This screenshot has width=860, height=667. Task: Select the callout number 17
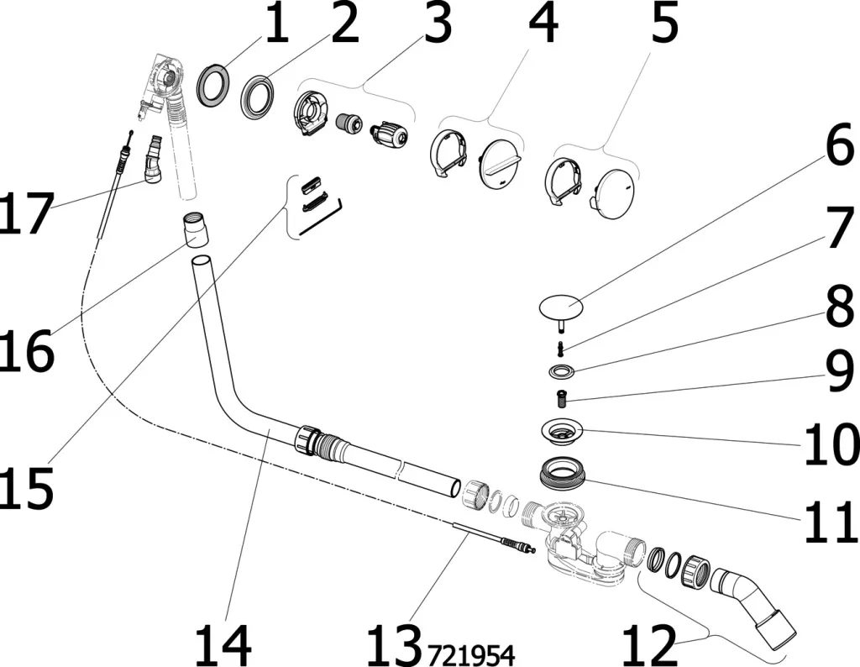[26, 213]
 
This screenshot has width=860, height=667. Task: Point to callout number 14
[223, 645]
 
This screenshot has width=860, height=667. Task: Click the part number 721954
[472, 654]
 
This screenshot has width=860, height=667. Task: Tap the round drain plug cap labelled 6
[561, 307]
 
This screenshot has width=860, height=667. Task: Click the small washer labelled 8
[562, 372]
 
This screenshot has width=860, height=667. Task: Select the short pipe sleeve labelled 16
[195, 229]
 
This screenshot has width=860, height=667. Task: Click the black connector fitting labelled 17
[153, 160]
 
